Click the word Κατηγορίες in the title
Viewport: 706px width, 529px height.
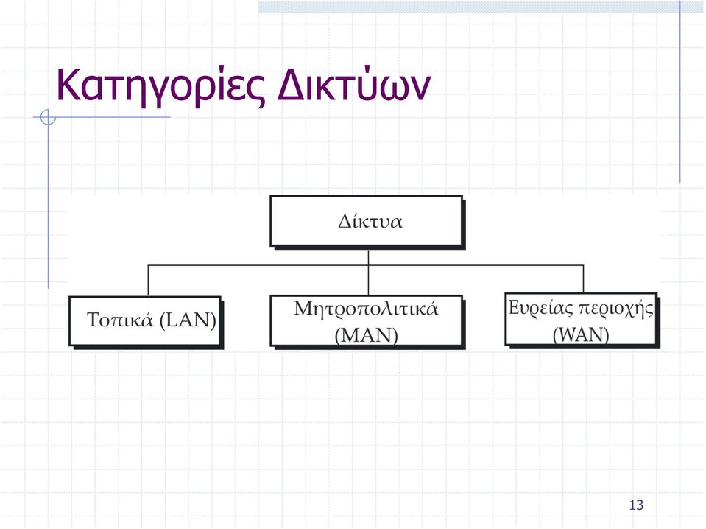click(160, 85)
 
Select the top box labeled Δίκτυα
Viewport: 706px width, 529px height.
click(367, 223)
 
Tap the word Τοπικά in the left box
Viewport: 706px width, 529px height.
click(120, 320)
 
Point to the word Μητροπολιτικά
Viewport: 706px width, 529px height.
click(366, 309)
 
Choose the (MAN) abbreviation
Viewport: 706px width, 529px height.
click(366, 334)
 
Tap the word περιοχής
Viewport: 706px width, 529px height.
click(615, 309)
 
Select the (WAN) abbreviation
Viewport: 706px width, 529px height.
click(581, 334)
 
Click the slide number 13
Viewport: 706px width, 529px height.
click(636, 505)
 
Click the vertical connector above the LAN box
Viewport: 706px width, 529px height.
click(148, 280)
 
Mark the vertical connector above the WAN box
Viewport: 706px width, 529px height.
click(584, 279)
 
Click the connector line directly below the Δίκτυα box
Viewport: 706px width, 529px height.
click(368, 273)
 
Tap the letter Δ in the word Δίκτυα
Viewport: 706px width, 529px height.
click(345, 221)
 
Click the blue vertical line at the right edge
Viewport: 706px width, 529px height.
click(680, 91)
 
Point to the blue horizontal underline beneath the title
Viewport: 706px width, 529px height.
click(102, 117)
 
